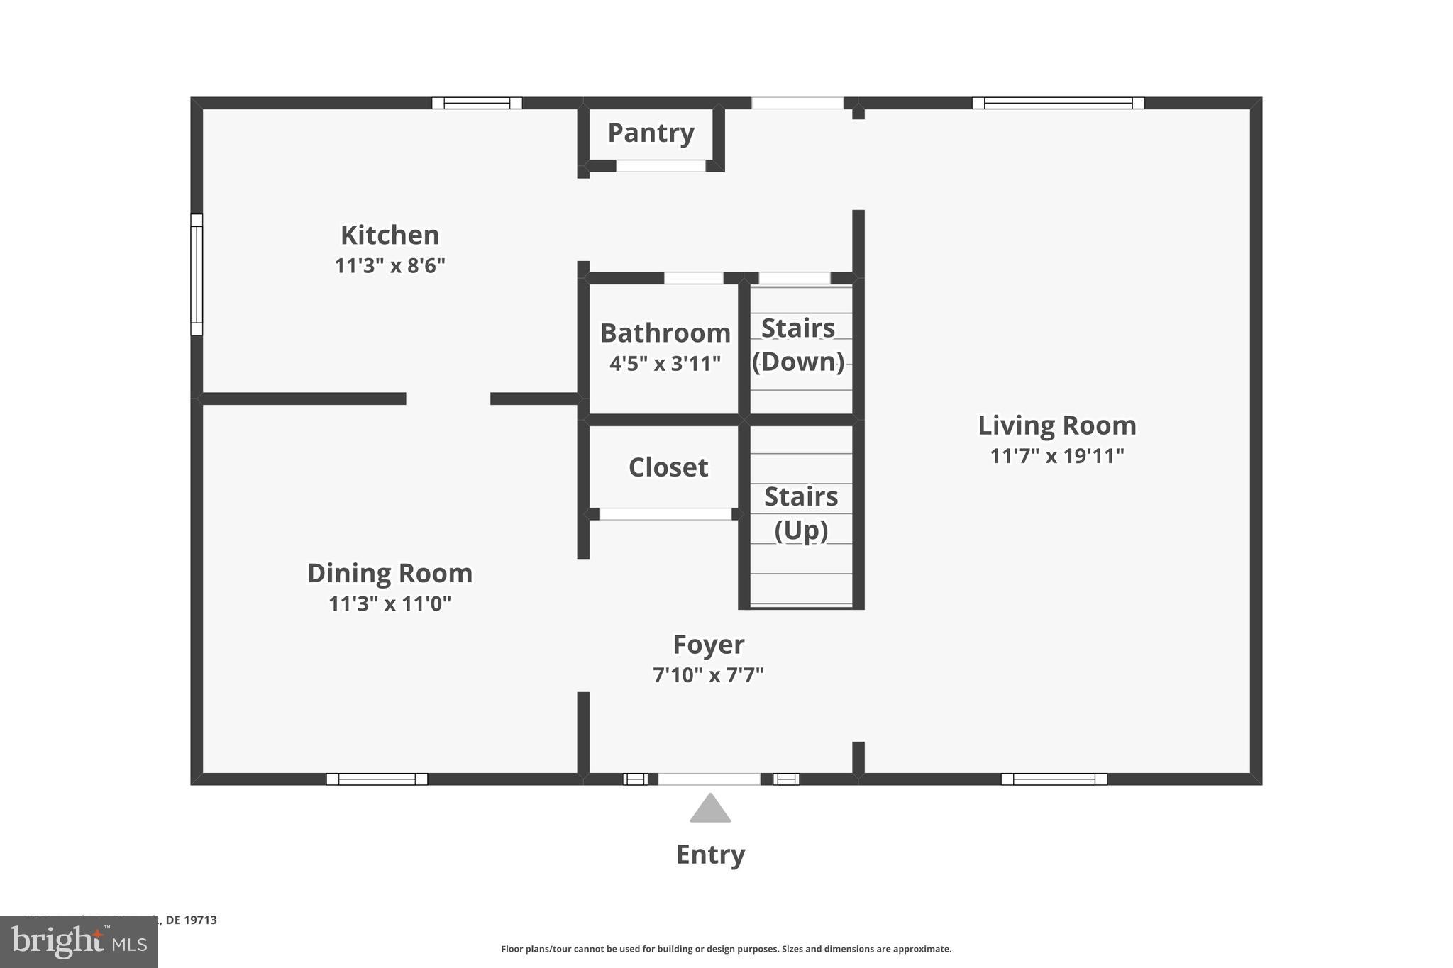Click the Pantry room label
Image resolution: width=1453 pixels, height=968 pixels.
point(651,133)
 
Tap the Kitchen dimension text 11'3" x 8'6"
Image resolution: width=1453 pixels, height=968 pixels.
point(390,266)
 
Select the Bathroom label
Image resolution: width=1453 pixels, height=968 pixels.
point(665,333)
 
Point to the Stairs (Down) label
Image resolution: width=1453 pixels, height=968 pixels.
point(798,345)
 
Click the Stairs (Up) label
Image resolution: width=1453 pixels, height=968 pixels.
point(801,513)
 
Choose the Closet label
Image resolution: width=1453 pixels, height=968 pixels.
point(668,467)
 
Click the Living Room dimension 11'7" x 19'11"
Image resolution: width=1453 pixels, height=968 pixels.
point(1057,456)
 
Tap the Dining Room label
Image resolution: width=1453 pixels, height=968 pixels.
point(390,573)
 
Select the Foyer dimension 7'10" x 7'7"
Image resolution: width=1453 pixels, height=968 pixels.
point(708,675)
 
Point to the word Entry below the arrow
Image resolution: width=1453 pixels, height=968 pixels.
point(710,855)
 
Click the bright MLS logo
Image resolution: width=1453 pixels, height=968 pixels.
point(79,942)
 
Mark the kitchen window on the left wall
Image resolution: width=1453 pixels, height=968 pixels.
point(197,274)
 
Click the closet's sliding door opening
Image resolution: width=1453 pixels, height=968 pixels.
point(665,514)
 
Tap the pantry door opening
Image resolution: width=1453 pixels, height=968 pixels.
point(661,166)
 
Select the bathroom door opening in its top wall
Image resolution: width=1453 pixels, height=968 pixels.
point(693,278)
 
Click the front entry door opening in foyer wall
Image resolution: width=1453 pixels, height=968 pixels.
point(709,779)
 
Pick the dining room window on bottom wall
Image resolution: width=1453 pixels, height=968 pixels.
point(377,779)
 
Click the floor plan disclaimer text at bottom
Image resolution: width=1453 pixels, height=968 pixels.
point(726,949)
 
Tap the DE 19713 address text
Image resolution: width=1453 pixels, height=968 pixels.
point(191,920)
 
